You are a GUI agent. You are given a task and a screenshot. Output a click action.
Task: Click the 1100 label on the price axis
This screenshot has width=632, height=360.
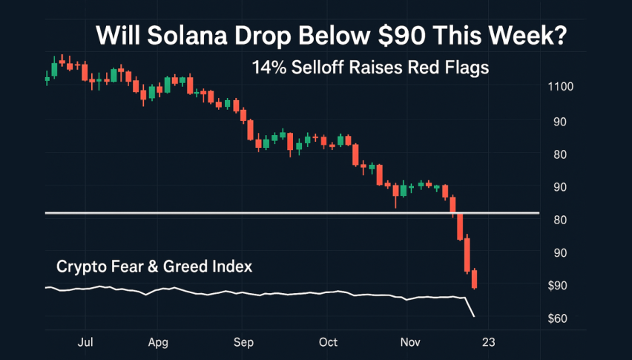click(560, 88)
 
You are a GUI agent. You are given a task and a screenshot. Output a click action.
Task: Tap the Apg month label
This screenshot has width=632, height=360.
click(158, 343)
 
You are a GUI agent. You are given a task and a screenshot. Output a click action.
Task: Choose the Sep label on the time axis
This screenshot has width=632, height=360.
click(243, 343)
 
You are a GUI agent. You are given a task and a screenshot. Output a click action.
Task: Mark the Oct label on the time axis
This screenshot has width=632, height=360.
click(328, 343)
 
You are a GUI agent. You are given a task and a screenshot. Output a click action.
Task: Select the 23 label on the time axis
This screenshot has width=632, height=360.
click(487, 343)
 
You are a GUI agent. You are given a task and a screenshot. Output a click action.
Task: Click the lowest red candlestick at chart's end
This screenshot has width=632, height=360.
click(474, 279)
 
